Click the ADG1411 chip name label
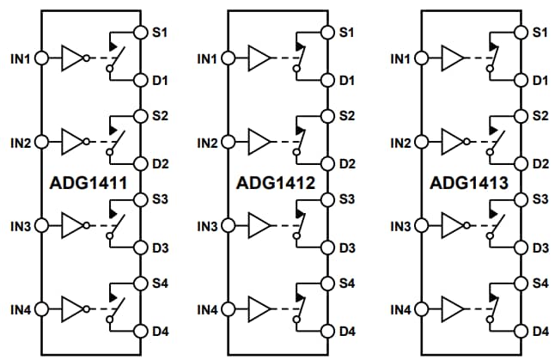pyautogui.click(x=89, y=183)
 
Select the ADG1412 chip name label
pyautogui.click(x=275, y=183)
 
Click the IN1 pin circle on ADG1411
pyautogui.click(x=40, y=59)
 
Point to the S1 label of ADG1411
pyautogui.click(x=160, y=33)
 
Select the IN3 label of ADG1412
pyautogui.click(x=206, y=227)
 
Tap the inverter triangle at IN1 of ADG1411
pyautogui.click(x=74, y=59)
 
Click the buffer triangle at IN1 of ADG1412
pyautogui.click(x=258, y=59)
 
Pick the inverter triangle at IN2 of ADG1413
pyautogui.click(x=452, y=142)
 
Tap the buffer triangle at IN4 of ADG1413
pyautogui.click(x=452, y=308)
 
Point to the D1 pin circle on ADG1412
pyautogui.click(x=326, y=80)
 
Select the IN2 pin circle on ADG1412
pyautogui.click(x=227, y=142)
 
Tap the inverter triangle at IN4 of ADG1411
pyautogui.click(x=74, y=308)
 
